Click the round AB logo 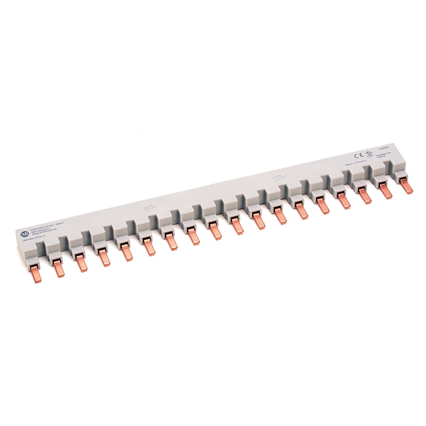[23, 234]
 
